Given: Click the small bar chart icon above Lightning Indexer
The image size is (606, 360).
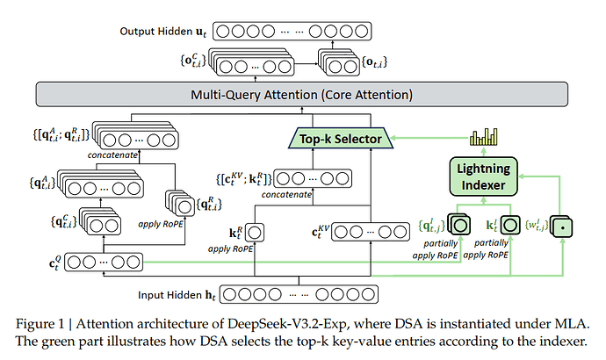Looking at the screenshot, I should tap(483, 137).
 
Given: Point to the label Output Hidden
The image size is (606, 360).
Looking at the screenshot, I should tap(157, 32).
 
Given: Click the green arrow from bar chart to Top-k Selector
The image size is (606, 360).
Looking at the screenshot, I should tap(422, 138).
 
